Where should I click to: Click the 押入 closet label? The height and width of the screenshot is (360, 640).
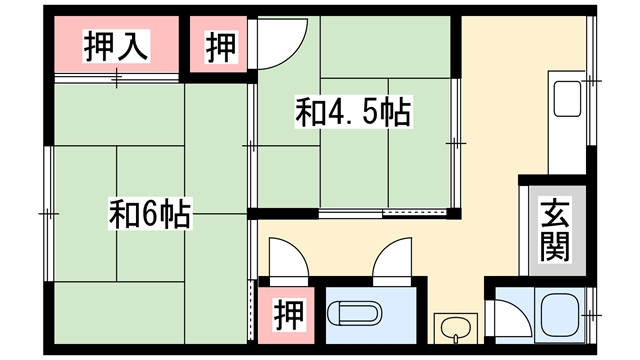tap(116, 46)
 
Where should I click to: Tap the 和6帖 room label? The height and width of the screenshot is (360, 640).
tap(150, 213)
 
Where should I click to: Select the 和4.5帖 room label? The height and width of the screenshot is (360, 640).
tap(353, 112)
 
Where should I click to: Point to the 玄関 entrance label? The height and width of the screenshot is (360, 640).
tap(555, 229)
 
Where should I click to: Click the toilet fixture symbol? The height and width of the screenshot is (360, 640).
tap(354, 313)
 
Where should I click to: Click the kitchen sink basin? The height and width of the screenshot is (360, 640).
tap(567, 99)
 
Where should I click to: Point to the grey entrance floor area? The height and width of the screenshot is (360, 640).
tap(558, 231)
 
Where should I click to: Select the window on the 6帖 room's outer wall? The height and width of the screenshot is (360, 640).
tap(49, 213)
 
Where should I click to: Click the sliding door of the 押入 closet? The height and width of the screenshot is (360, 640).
tap(116, 78)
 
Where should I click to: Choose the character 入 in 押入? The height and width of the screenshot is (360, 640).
tap(133, 46)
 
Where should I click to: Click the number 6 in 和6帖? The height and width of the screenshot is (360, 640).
tap(149, 213)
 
